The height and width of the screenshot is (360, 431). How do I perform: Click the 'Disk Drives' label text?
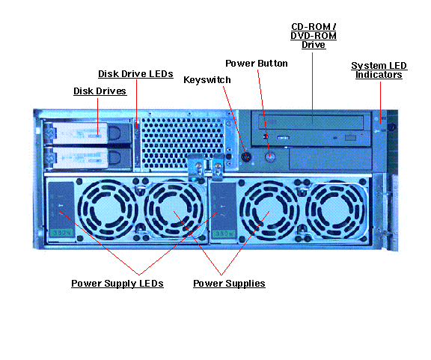click(100, 91)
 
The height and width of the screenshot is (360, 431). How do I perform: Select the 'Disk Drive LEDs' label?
click(135, 74)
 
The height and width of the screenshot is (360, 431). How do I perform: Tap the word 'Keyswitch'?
click(207, 79)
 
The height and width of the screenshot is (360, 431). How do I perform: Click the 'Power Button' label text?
click(257, 64)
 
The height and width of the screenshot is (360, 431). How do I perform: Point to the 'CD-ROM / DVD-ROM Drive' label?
click(313, 36)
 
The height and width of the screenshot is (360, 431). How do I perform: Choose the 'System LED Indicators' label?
click(378, 70)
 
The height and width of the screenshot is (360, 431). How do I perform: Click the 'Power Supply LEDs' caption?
click(117, 284)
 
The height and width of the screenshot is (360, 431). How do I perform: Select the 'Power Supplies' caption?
click(229, 284)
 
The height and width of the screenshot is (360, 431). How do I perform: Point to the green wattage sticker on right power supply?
click(221, 234)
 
